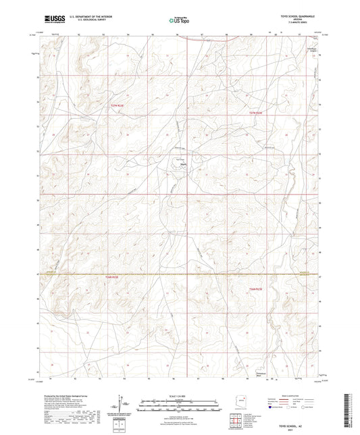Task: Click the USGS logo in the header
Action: tap(51, 20)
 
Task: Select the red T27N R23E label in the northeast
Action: tap(254, 113)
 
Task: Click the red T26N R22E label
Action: tap(111, 276)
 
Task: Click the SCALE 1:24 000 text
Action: tap(179, 395)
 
